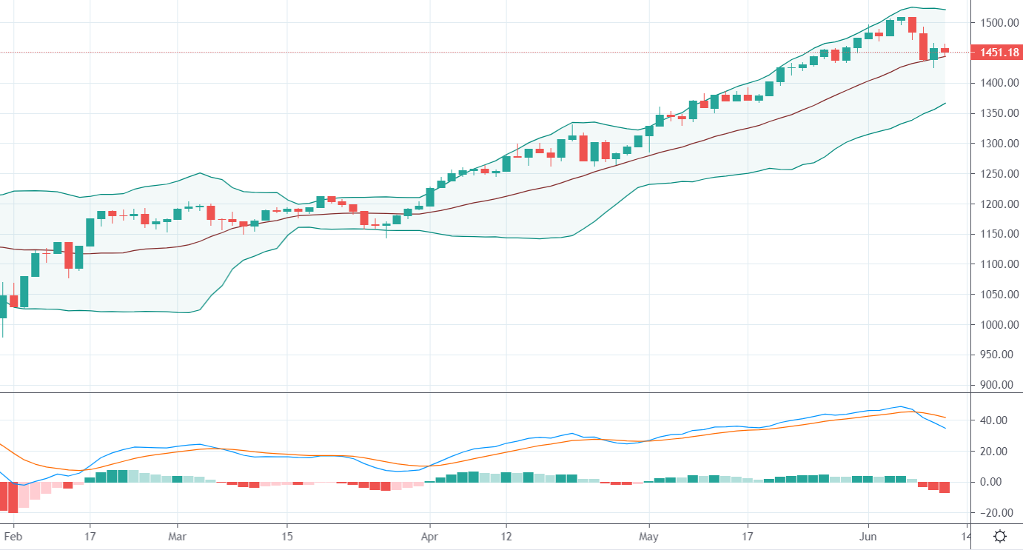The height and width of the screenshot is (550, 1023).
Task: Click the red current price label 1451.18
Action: click(x=996, y=53)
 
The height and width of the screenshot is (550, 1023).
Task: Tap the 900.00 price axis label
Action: click(x=996, y=385)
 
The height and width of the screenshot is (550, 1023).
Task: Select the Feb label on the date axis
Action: click(x=13, y=535)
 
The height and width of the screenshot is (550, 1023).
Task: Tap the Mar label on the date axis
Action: click(x=177, y=535)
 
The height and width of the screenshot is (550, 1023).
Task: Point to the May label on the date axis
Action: click(x=648, y=535)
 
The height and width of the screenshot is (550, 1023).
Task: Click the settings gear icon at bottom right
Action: click(x=1000, y=536)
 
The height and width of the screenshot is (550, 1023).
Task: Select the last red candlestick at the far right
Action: click(x=945, y=50)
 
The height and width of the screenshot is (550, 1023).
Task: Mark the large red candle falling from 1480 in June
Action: click(x=923, y=47)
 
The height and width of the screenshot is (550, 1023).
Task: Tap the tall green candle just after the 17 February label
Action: click(x=90, y=232)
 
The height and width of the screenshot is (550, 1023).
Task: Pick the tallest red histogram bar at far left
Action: click(x=13, y=497)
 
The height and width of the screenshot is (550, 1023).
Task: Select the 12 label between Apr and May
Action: click(x=506, y=535)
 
